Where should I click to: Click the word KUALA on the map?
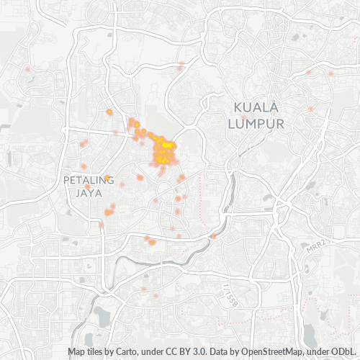[x=256, y=108]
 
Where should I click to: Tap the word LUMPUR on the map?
[x=256, y=124]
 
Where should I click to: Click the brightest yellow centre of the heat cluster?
[x=166, y=146]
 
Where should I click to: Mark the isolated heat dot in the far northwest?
[x=27, y=69]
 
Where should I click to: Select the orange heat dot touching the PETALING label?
[x=107, y=178]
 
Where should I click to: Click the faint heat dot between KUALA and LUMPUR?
[x=245, y=116]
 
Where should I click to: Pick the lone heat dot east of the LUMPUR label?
[x=311, y=109]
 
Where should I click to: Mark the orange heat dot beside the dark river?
[x=213, y=236]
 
